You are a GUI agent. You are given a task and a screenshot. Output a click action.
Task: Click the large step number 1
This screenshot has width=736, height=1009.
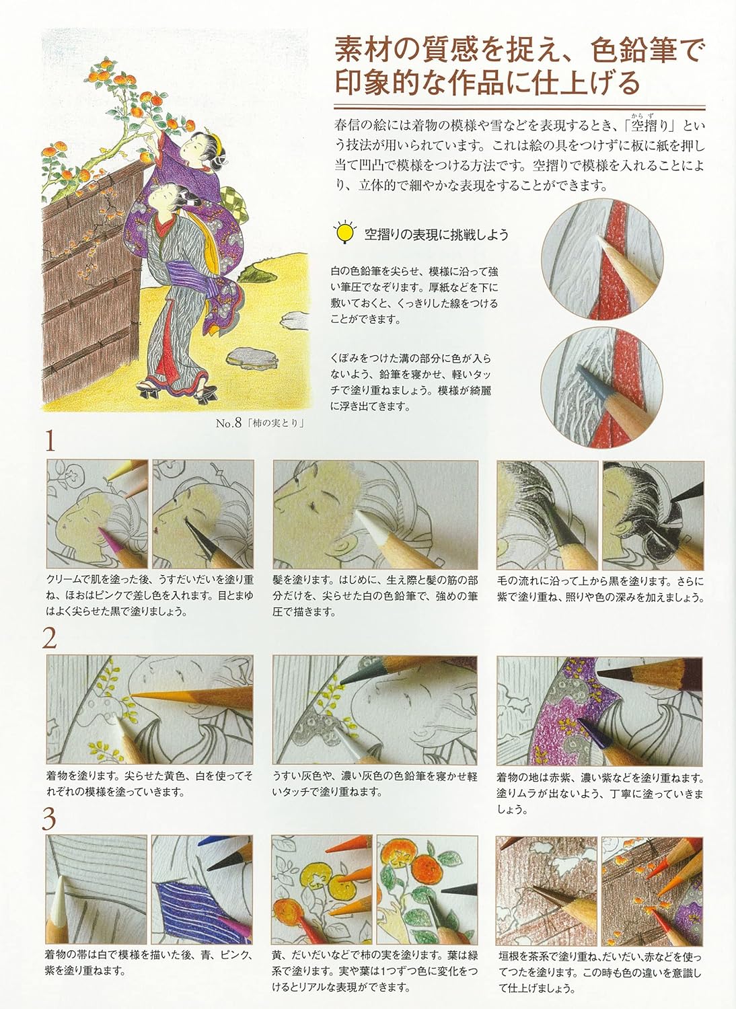coord(50,443)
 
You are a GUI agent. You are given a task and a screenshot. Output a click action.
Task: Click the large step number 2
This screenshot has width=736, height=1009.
coord(50,638)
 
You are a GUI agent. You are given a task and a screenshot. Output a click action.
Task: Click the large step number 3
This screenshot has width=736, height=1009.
coord(50,819)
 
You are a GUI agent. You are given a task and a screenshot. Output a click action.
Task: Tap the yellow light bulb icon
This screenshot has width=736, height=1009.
coord(346,233)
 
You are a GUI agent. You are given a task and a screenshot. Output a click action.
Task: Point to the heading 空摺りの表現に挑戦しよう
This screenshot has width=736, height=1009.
coord(436,235)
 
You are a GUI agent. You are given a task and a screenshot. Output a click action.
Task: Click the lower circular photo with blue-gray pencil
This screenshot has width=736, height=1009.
coord(602,386)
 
